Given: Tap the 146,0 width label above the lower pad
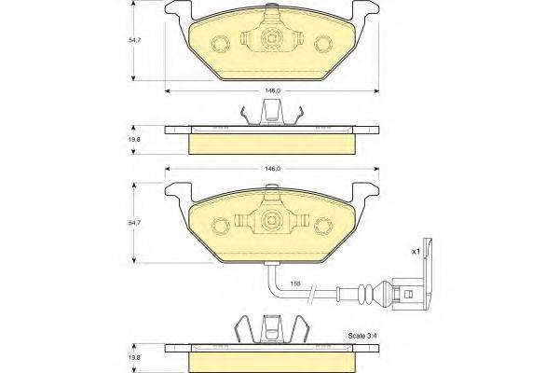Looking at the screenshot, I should pos(272,169).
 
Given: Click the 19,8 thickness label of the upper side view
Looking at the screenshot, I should pos(136,139).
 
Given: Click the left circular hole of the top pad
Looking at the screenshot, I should pos(223,45).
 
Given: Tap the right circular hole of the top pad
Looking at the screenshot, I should pos(323,45).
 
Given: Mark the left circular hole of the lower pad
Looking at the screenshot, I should pos(223,225).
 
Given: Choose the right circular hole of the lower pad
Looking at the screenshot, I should pos(323,225).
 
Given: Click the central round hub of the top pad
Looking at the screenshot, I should pos(272,41).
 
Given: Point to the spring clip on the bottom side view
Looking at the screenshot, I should pos(272,330).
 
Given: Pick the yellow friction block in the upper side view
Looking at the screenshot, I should pos(272,143).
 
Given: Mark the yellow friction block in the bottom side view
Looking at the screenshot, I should pos(272,359).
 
